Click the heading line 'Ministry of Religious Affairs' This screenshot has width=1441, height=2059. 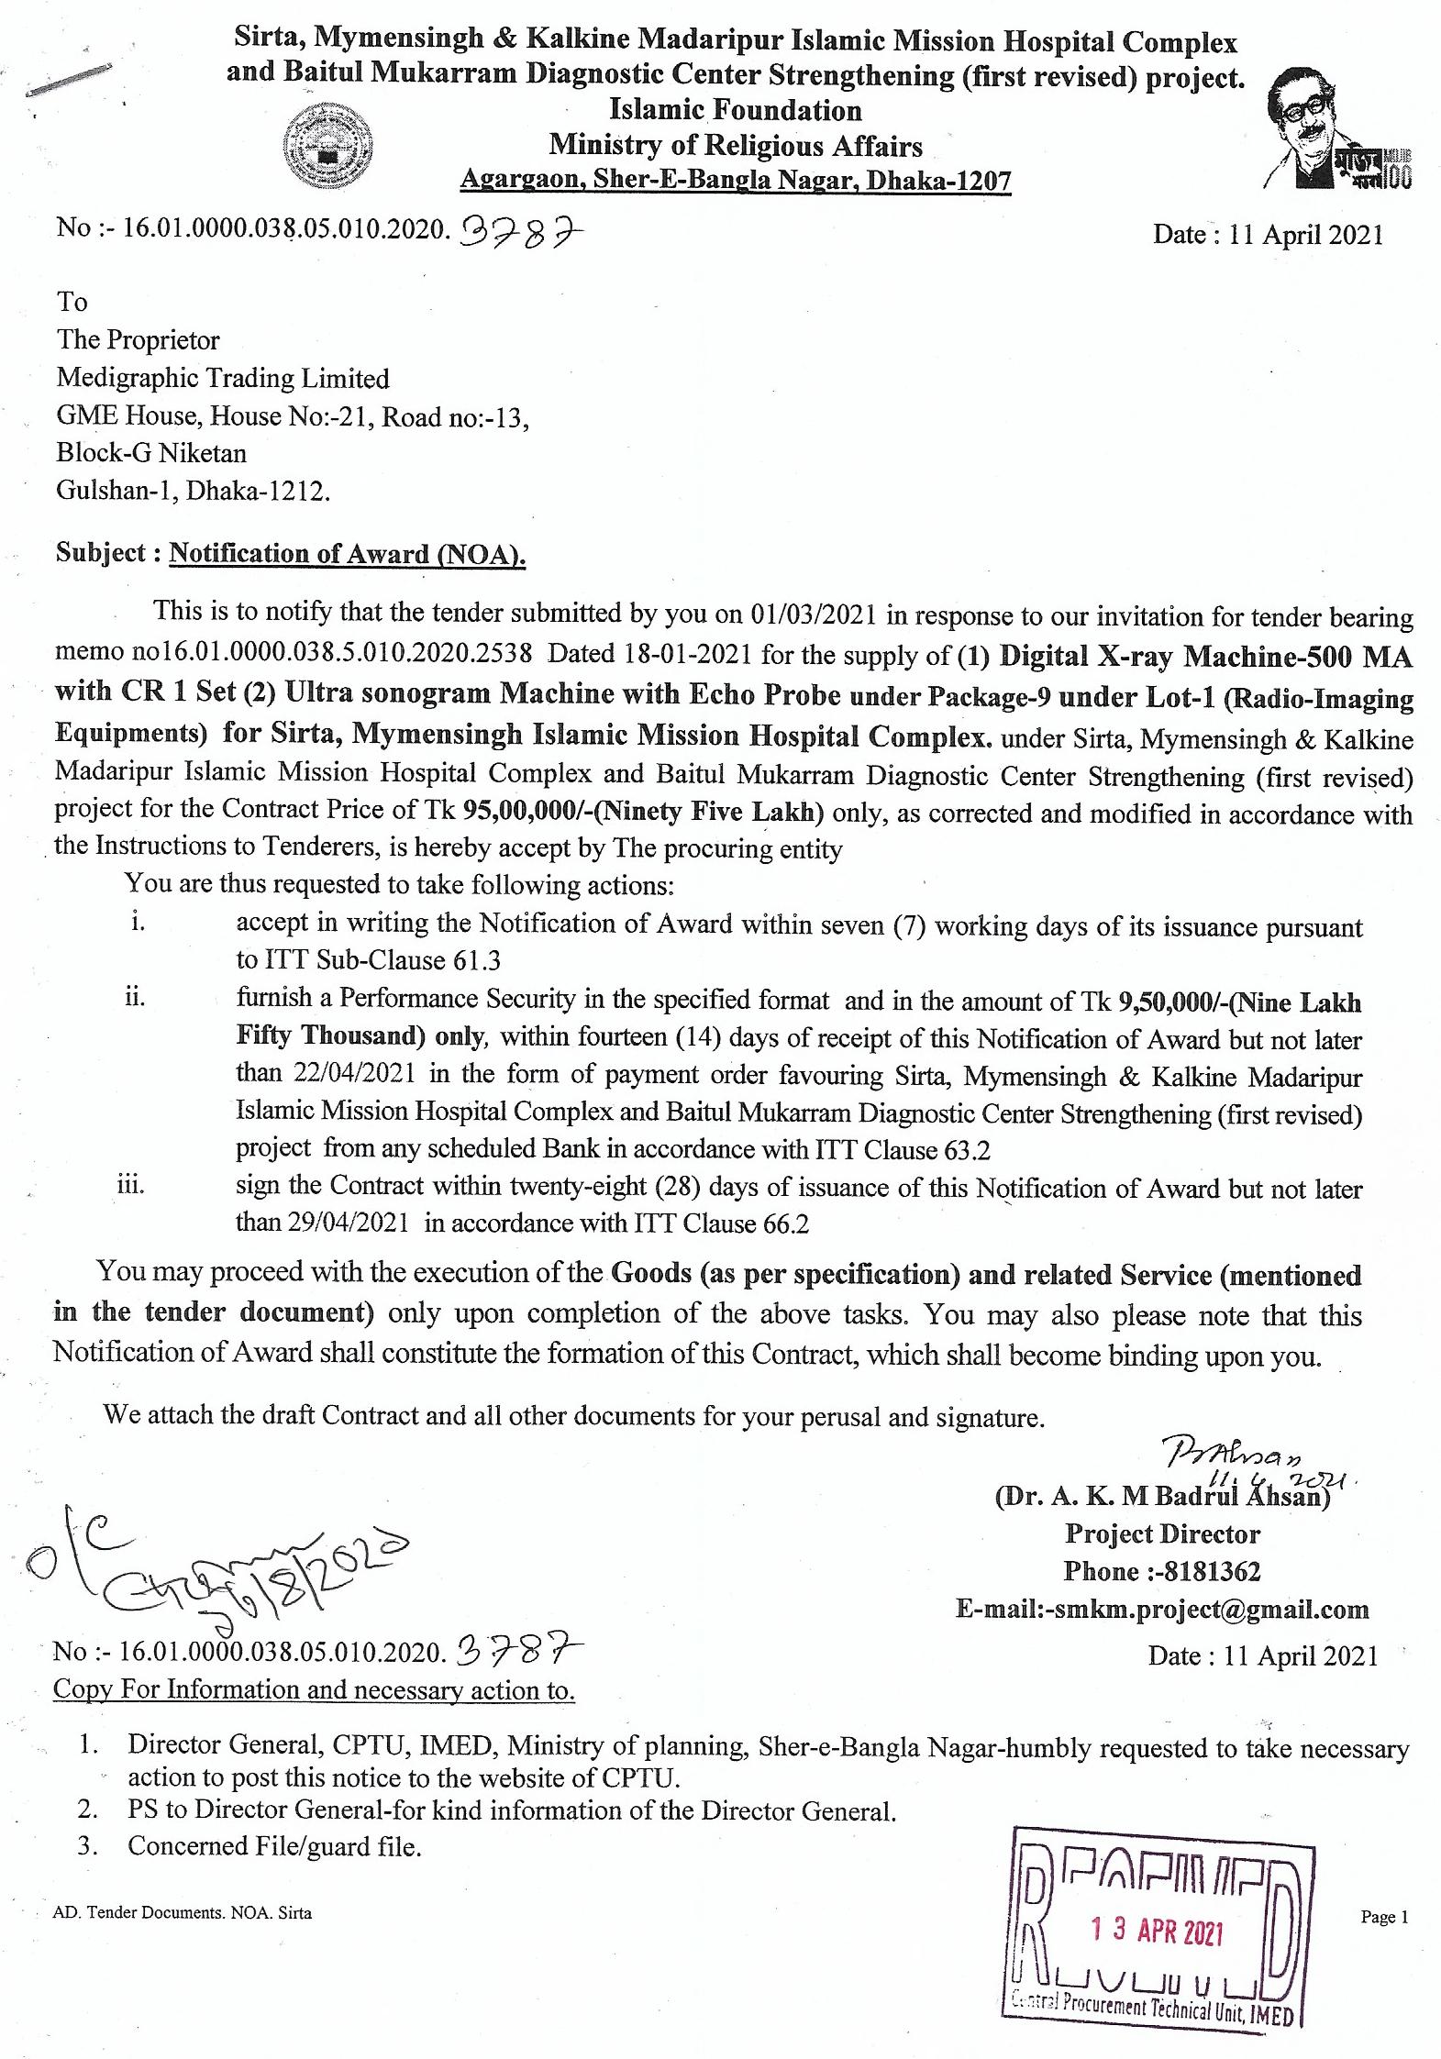[x=736, y=146]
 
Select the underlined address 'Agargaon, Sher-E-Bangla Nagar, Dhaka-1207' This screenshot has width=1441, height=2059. [x=736, y=180]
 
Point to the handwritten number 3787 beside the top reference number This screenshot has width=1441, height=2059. [x=520, y=238]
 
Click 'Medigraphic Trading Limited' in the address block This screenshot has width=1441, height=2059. [x=223, y=378]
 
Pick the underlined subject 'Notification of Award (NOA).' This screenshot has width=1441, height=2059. [x=348, y=554]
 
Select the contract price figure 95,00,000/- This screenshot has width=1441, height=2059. [x=519, y=812]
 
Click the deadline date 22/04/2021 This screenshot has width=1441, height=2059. [x=355, y=1073]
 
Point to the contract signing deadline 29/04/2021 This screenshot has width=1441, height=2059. [x=355, y=1223]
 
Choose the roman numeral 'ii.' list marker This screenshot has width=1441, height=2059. [x=135, y=997]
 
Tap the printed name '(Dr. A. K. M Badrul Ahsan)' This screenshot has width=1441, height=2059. [x=1162, y=1496]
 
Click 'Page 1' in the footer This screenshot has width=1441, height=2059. [x=1384, y=1917]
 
